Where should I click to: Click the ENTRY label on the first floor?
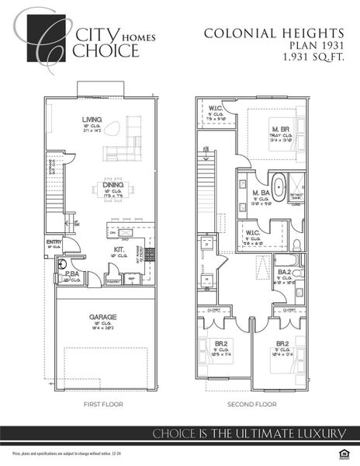(54, 242)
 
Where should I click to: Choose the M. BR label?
(280, 127)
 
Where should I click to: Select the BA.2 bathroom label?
(284, 270)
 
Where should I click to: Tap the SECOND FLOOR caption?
(251, 405)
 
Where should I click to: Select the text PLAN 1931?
(315, 45)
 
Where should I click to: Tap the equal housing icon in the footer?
(346, 453)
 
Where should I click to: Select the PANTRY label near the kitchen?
(112, 280)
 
